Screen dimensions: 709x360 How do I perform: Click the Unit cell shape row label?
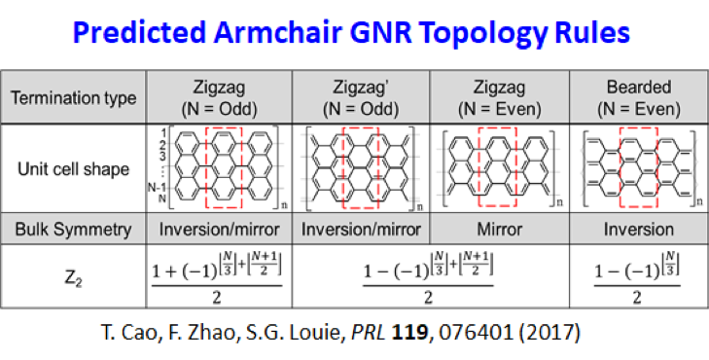click(74, 169)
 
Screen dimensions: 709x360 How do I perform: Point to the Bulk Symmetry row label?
click(74, 230)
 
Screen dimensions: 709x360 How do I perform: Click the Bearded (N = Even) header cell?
click(638, 98)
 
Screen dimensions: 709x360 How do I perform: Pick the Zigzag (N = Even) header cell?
click(498, 98)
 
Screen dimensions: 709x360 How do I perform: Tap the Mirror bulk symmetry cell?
click(498, 230)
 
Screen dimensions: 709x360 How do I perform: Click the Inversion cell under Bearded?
click(638, 230)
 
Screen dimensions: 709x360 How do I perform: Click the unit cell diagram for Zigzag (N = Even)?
click(498, 169)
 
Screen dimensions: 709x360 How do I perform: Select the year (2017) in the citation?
click(551, 331)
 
